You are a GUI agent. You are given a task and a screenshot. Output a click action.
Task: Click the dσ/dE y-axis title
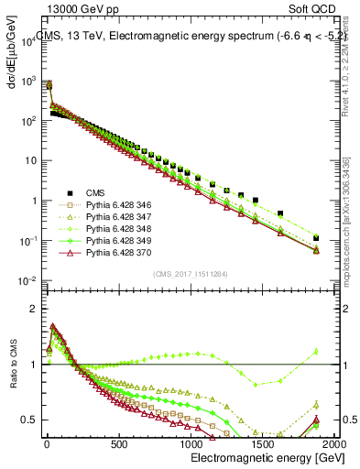tap(13, 55)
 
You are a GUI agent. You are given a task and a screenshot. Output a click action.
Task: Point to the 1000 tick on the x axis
tap(191, 446)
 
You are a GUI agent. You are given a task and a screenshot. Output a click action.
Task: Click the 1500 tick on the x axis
tap(263, 446)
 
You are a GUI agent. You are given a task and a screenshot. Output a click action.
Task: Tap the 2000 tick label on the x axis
tap(333, 446)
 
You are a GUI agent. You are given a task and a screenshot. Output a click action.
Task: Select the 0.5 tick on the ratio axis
tap(27, 420)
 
